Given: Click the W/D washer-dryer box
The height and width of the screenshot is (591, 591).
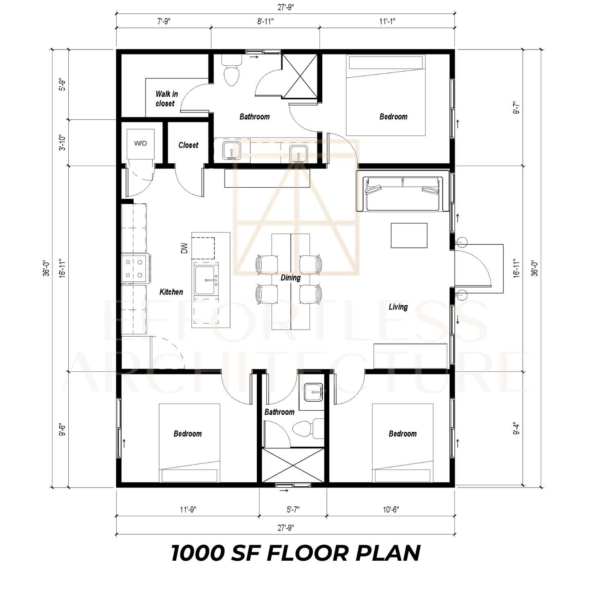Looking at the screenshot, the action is coord(140,144).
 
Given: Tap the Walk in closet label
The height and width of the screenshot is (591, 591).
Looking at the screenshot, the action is coord(166,99).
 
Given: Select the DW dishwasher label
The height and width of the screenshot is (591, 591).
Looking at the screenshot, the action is coord(184,248).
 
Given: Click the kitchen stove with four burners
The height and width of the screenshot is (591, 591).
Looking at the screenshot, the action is coord(136,268).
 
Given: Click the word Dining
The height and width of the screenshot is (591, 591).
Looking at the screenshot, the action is coord(290,278).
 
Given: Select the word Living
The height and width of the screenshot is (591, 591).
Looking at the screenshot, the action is coord(398,307).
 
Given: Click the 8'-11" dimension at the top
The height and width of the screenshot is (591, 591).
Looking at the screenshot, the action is coord(265,21).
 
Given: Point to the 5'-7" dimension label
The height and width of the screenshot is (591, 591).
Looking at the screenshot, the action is coord(293,510).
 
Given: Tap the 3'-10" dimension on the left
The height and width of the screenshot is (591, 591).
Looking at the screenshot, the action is coord(62,143).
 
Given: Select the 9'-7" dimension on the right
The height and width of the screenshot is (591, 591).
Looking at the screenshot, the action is coord(517,108).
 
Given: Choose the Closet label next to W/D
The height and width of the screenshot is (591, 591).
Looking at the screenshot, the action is coord(188,145).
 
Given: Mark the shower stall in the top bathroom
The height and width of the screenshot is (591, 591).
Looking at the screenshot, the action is coord(299,76).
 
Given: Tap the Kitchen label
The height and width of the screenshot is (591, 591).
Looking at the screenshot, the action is coord(171,292).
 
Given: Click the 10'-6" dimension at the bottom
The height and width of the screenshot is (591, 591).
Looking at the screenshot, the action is coord(391,510).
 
